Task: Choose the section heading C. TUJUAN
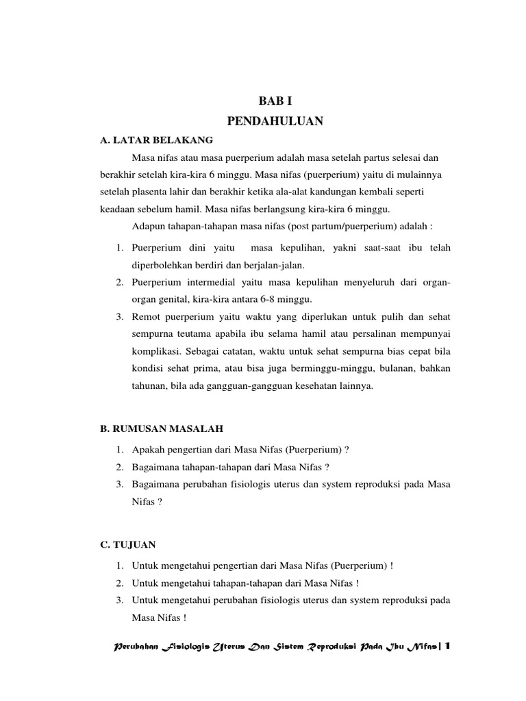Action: point(128,544)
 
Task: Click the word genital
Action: point(173,299)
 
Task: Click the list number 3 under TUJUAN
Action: point(118,600)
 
